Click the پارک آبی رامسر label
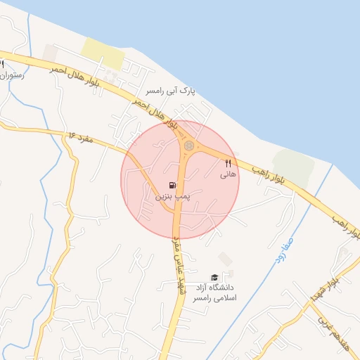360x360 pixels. point(169,91)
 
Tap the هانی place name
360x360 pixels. point(228,173)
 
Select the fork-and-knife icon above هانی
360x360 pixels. point(228,162)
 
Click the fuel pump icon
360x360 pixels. point(172,187)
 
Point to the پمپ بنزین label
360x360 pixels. point(172,199)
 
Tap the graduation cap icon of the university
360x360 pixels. point(214,277)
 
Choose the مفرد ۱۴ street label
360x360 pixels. point(82,134)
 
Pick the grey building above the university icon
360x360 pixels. point(224,259)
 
